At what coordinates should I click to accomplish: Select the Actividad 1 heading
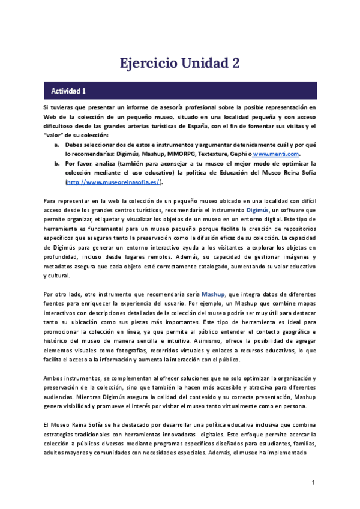tap(68, 91)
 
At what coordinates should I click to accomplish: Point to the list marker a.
tap(56, 145)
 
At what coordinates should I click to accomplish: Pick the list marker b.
tap(56, 163)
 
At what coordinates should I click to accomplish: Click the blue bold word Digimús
tap(258, 210)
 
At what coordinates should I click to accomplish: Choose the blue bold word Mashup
tap(214, 294)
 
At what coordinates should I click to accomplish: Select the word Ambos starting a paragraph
tap(55, 378)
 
